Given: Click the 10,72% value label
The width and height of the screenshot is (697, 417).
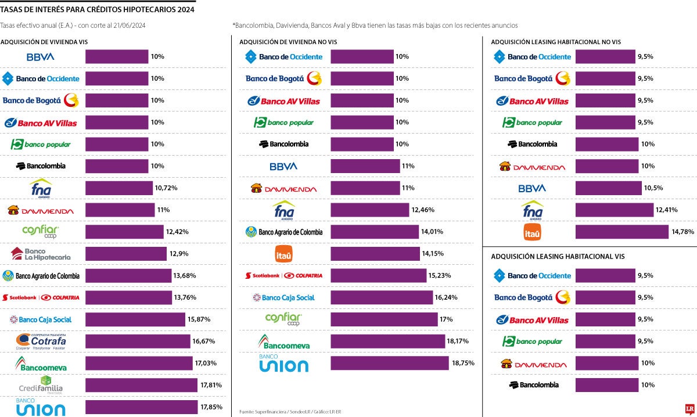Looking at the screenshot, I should click(x=166, y=188).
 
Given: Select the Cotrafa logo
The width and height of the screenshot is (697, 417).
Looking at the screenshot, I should click(x=41, y=341).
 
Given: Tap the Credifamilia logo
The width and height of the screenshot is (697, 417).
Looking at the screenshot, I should click(x=41, y=384).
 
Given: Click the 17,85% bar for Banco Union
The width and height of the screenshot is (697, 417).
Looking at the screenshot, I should click(x=139, y=407).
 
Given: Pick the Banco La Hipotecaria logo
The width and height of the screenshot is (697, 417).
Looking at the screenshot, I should click(x=41, y=254).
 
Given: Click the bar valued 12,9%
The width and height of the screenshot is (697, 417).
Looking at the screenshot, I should click(x=125, y=254).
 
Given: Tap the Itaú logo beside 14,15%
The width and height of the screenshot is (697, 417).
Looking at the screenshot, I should click(x=283, y=254).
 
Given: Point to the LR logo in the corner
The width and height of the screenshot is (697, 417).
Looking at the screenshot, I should click(x=689, y=409).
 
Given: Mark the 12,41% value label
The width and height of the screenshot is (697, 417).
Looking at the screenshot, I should click(x=668, y=210).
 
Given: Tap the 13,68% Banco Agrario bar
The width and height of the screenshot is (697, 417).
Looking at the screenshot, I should click(x=128, y=275).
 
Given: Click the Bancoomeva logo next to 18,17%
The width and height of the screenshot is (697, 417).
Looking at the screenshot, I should click(x=283, y=341).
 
